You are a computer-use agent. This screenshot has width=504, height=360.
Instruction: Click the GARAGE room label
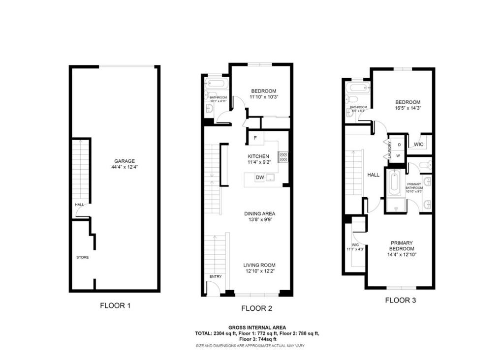(125, 161)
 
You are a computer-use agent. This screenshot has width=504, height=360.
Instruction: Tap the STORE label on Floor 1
(82, 257)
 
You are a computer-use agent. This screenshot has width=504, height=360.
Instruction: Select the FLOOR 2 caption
(256, 308)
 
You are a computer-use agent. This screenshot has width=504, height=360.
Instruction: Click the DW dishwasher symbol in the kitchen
(259, 178)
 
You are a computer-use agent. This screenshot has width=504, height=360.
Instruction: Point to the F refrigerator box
(255, 138)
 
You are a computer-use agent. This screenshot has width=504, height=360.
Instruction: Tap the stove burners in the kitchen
(283, 157)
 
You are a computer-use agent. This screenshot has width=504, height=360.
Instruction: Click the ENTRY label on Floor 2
(216, 276)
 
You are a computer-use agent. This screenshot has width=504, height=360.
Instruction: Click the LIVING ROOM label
(259, 265)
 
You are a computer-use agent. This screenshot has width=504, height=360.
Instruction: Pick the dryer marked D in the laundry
(399, 145)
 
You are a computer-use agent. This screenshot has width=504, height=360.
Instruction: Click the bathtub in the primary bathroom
(394, 186)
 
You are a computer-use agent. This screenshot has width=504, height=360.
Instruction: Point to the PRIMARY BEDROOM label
(402, 245)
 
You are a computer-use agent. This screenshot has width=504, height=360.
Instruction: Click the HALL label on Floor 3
(373, 175)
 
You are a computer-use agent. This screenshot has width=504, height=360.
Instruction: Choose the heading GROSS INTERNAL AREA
(256, 327)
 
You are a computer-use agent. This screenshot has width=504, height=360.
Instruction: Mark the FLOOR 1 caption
(115, 305)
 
